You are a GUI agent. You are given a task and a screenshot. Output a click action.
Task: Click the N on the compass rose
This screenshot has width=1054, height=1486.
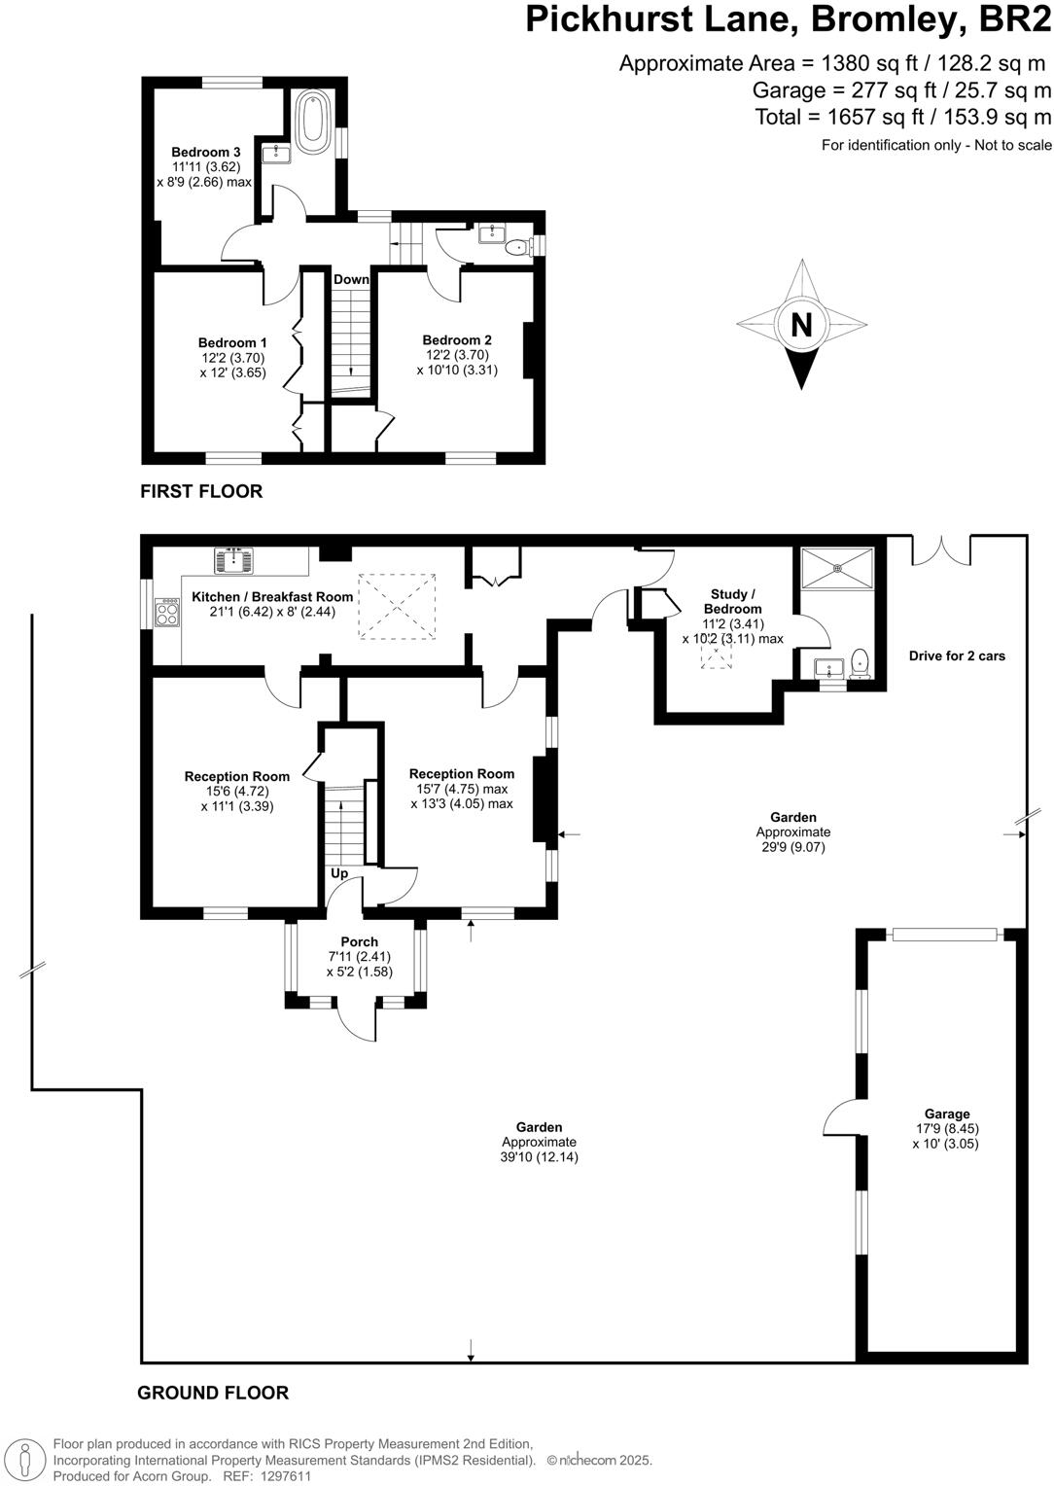[801, 324]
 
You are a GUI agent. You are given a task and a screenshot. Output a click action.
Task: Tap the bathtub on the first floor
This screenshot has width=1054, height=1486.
[313, 122]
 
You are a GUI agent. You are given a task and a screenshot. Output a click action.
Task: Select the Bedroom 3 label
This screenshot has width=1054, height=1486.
[205, 152]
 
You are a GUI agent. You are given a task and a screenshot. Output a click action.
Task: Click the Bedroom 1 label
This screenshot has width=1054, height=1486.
[232, 342]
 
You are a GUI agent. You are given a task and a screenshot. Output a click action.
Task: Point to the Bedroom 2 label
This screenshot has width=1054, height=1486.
[457, 339]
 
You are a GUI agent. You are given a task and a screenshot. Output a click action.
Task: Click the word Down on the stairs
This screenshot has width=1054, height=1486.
[351, 279]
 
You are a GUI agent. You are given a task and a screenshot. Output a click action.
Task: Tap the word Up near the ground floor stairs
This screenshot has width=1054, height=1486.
[339, 873]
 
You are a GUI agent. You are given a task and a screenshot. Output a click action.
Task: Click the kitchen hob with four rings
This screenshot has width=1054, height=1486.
[167, 611]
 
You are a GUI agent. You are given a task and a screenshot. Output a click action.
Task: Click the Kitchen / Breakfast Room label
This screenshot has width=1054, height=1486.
[272, 597]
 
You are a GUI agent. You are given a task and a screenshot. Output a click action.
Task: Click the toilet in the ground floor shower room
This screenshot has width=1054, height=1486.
[859, 663]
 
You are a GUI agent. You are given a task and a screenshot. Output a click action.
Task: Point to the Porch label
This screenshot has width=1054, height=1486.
[359, 941]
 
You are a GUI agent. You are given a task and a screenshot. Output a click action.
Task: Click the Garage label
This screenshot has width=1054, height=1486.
[946, 1114]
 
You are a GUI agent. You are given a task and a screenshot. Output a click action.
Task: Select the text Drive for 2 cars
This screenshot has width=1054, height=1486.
[957, 655]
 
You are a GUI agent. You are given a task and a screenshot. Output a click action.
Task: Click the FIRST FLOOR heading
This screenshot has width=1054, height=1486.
[201, 491]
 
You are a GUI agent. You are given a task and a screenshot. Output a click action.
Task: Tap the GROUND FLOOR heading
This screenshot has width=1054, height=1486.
[213, 1393]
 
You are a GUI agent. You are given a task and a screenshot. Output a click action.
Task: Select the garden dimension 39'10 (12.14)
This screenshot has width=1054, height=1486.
[539, 1157]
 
